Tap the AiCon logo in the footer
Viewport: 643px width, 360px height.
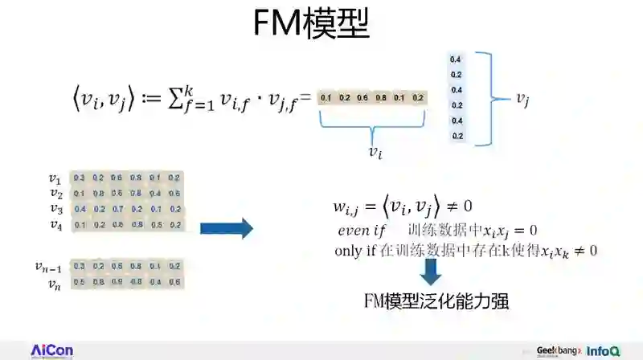(51, 350)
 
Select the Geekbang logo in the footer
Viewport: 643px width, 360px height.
(559, 351)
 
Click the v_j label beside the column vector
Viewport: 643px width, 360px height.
(524, 99)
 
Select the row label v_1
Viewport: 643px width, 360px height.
(55, 178)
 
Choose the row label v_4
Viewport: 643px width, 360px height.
(55, 224)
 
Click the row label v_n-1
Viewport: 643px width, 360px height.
(50, 266)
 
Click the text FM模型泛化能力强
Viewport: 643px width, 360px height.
(436, 301)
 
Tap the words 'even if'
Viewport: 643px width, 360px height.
(363, 231)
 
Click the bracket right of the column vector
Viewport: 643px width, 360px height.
(485, 99)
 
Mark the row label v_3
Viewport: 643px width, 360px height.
(55, 209)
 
